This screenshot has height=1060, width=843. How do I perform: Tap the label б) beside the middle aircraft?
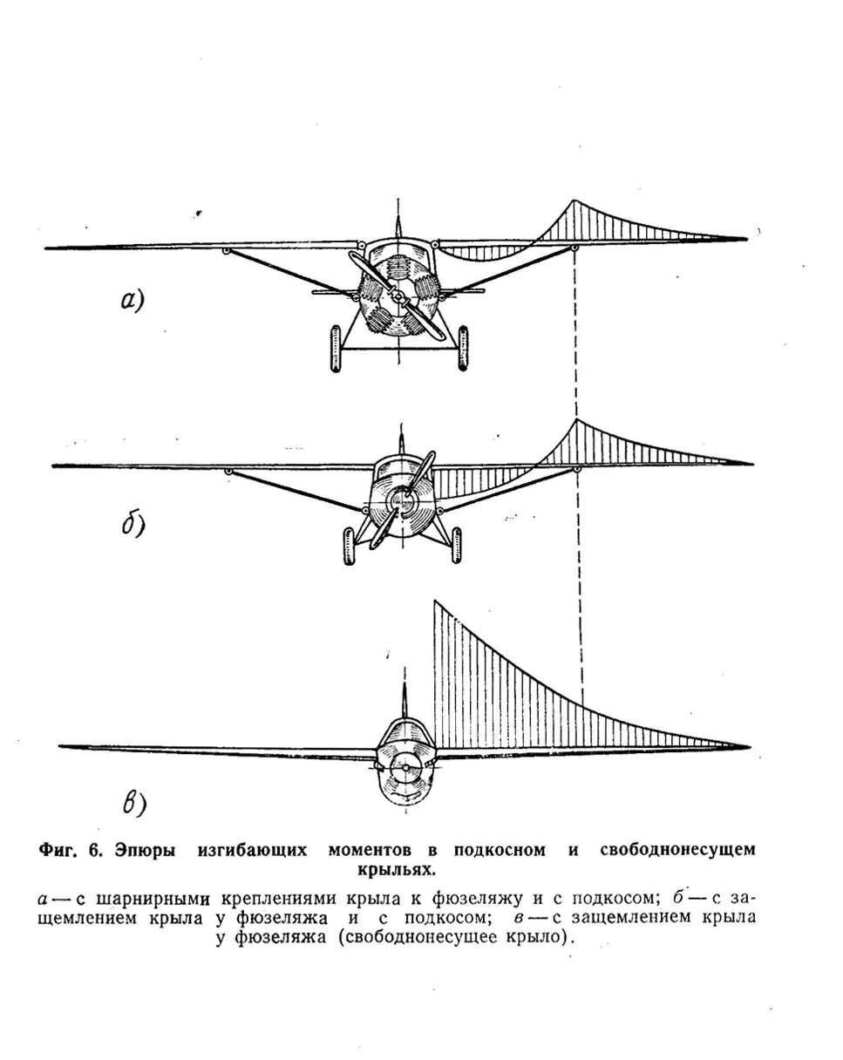coord(133,524)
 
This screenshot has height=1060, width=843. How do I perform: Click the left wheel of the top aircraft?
coord(336,348)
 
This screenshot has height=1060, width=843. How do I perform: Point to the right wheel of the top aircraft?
coord(463,347)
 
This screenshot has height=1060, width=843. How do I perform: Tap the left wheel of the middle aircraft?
coord(349,546)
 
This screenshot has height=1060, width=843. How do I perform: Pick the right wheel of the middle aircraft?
coord(456,545)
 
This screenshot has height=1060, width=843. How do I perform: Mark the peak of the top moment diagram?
coord(574,200)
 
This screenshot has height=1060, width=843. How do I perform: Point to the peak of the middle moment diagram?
coord(576,419)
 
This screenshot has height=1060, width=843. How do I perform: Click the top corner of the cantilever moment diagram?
coord(434,601)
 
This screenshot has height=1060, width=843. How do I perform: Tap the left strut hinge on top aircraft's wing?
coord(226,251)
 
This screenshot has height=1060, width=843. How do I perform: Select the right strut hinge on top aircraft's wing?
coord(574,248)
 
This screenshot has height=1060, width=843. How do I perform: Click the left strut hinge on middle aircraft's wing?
coord(228,472)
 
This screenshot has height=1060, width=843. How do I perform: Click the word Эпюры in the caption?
coord(145,850)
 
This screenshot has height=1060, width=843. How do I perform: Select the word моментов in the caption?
coord(370,850)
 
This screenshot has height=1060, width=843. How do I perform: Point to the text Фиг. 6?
coord(71,850)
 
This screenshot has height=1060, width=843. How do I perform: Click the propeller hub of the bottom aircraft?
coord(405,767)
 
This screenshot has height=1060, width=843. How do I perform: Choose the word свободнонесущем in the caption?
coord(677,850)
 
